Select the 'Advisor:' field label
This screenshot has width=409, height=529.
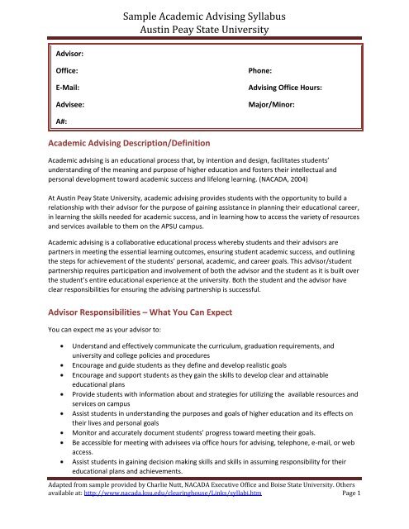71,53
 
